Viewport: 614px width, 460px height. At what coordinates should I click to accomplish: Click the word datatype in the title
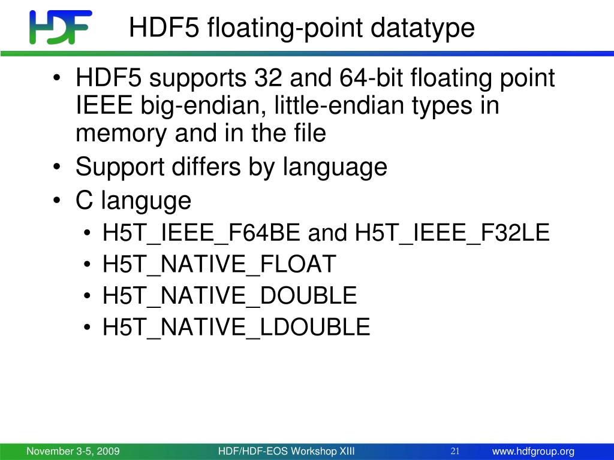pyautogui.click(x=422, y=28)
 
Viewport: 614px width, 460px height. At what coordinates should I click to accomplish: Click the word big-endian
pyautogui.click(x=200, y=106)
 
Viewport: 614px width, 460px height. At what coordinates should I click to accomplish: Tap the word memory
pyautogui.click(x=121, y=134)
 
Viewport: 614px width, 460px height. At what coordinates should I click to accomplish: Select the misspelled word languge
pyautogui.click(x=146, y=201)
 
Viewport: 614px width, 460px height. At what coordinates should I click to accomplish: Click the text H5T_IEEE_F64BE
pyautogui.click(x=201, y=233)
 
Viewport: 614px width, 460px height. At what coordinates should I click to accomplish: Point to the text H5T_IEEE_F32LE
pyautogui.click(x=452, y=233)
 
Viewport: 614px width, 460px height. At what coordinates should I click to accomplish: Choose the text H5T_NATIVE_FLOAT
pyautogui.click(x=219, y=264)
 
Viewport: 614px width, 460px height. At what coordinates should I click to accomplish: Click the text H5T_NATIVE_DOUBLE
pyautogui.click(x=230, y=296)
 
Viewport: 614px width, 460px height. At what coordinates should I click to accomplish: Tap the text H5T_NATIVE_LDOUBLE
pyautogui.click(x=236, y=328)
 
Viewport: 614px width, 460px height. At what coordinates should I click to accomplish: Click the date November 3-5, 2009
pyautogui.click(x=73, y=451)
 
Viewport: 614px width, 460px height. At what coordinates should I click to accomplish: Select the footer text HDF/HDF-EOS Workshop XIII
pyautogui.click(x=286, y=451)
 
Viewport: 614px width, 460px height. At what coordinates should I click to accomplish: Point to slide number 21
pyautogui.click(x=455, y=451)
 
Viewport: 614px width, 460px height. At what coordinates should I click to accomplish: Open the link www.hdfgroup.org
pyautogui.click(x=533, y=452)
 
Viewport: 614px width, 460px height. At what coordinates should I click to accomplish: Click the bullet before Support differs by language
pyautogui.click(x=57, y=167)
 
